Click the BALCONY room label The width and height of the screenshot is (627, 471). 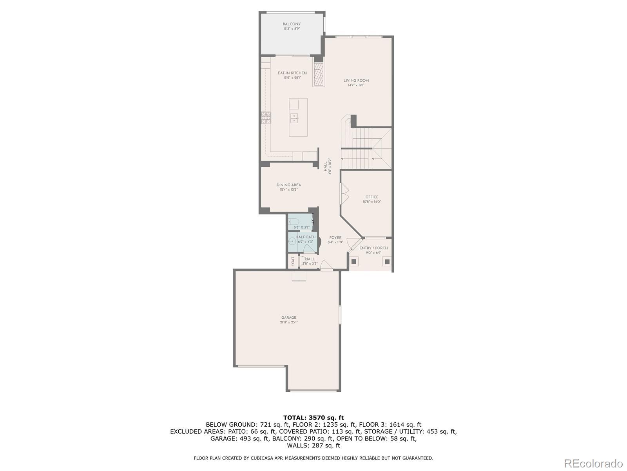pos(292,24)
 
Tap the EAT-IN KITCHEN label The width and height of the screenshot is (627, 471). pos(292,73)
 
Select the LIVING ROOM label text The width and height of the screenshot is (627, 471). pos(356,80)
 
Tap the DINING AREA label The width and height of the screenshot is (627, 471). pos(289,185)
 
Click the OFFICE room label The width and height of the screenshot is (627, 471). pos(372,197)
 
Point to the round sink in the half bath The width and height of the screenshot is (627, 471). pos(292,242)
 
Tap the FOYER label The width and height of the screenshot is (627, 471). pos(335,237)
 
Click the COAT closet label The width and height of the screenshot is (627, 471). pos(293,261)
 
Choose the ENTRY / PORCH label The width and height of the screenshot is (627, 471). pos(373,248)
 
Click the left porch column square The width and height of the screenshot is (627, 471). pos(354,261)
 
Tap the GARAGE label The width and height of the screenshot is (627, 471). pos(289,318)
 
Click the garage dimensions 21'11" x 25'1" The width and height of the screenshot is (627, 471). pos(289,322)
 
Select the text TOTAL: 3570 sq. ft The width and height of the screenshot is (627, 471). pos(313,418)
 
